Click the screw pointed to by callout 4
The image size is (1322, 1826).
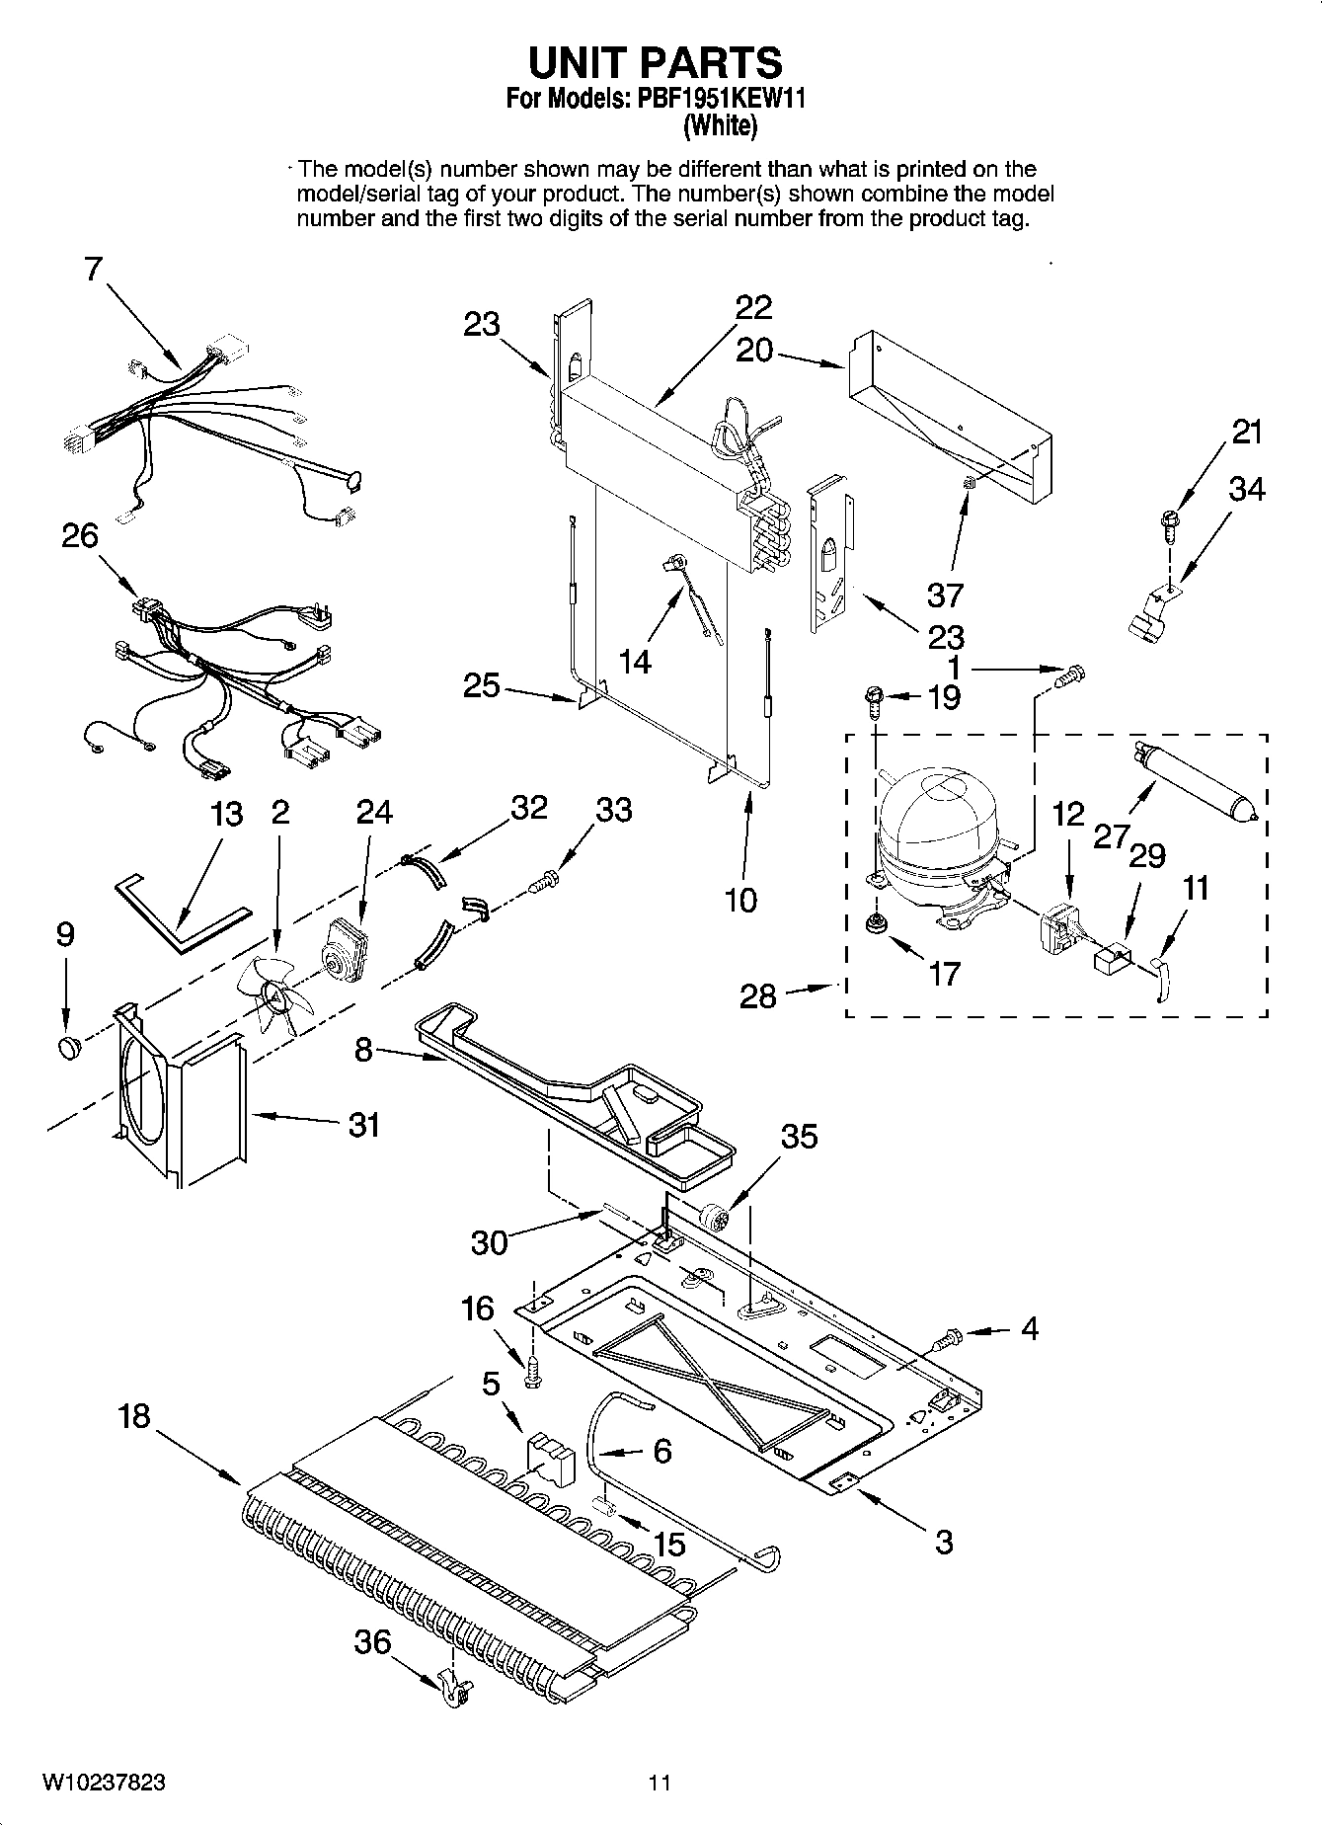tap(949, 1339)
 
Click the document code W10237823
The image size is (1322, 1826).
tap(104, 1783)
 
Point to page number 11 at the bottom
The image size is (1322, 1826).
tap(660, 1783)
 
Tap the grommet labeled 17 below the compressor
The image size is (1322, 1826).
tap(874, 924)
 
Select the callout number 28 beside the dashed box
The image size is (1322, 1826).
tap(758, 994)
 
